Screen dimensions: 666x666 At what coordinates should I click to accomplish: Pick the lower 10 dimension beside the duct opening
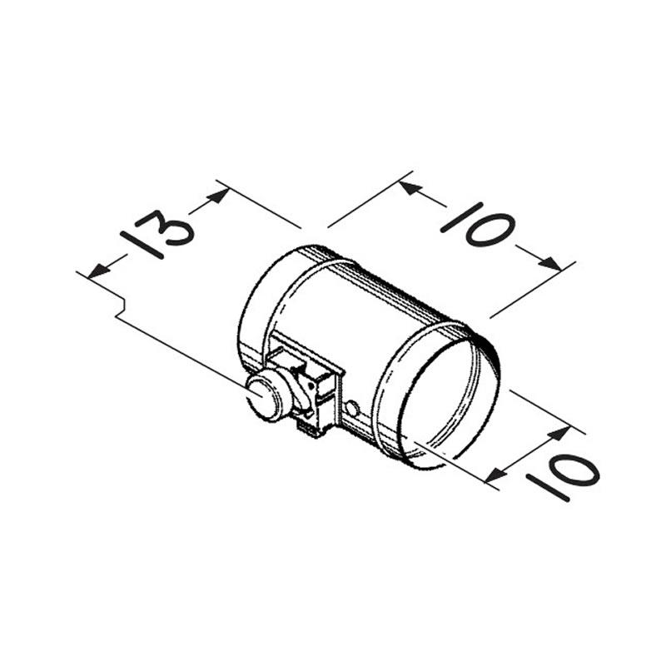pos(560,472)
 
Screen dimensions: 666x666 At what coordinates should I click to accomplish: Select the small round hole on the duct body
pos(352,408)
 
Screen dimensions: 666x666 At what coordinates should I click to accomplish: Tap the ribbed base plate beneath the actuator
pos(312,426)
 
